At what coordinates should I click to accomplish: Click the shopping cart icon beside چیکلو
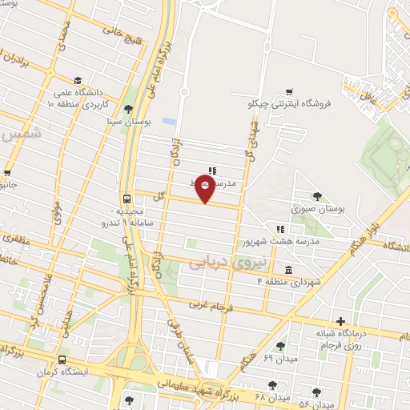click(x=289, y=92)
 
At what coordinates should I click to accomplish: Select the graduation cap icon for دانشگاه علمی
click(x=78, y=80)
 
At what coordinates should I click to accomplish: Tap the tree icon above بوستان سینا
click(x=128, y=109)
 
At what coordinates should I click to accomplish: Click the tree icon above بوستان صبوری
click(x=318, y=195)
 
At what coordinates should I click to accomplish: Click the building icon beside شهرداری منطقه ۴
click(x=287, y=269)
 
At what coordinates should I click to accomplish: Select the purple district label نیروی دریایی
click(x=219, y=263)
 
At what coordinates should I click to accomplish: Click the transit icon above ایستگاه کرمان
click(x=63, y=360)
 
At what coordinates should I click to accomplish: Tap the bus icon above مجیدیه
click(x=127, y=199)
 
